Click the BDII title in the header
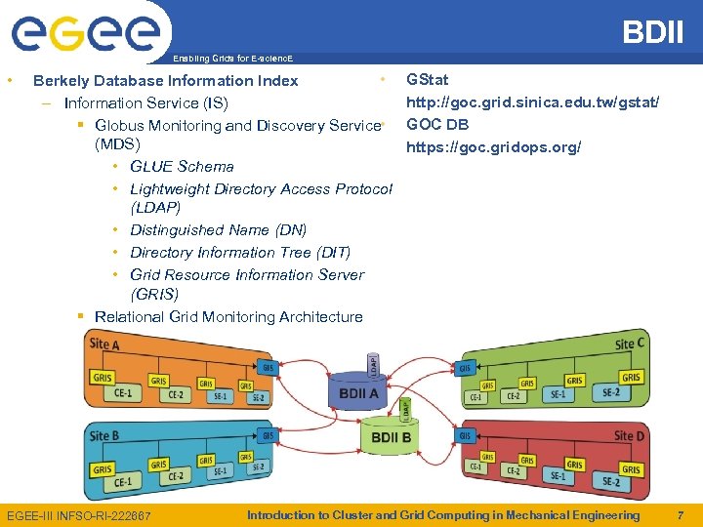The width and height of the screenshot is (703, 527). pos(653,32)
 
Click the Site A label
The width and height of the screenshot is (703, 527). pos(104,344)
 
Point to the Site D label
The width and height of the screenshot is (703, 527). pos(629,435)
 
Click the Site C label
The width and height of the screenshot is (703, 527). pos(630,344)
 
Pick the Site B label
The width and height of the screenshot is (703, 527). pos(104,435)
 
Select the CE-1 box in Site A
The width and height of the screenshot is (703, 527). pos(123,392)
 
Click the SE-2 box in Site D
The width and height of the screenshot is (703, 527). pos(610,481)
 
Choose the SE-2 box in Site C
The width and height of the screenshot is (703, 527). pos(610,392)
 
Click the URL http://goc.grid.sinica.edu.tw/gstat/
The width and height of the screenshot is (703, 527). pos(532,101)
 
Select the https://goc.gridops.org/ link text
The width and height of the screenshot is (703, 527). pos(493,147)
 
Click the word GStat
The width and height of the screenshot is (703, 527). pos(427,79)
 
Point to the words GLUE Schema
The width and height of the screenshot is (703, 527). pos(182,166)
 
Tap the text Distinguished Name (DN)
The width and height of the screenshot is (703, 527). pos(218,229)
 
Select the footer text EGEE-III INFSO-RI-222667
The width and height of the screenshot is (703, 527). pos(79,515)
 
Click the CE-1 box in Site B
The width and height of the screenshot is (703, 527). pos(123,481)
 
